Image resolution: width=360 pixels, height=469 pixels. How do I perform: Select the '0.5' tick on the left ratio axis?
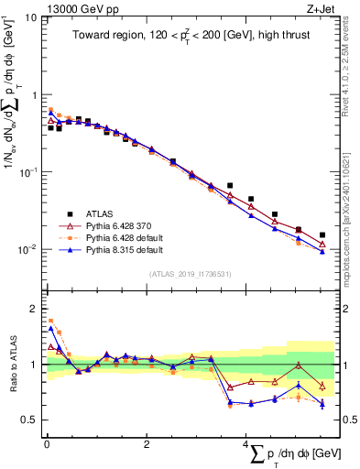click(x=27, y=420)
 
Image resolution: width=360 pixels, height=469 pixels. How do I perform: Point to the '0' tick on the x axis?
click(x=47, y=444)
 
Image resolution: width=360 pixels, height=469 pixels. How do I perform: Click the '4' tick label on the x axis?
click(x=245, y=444)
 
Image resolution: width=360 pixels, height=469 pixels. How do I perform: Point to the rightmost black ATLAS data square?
click(x=322, y=235)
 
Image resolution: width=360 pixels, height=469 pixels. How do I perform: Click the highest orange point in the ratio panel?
click(x=50, y=321)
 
